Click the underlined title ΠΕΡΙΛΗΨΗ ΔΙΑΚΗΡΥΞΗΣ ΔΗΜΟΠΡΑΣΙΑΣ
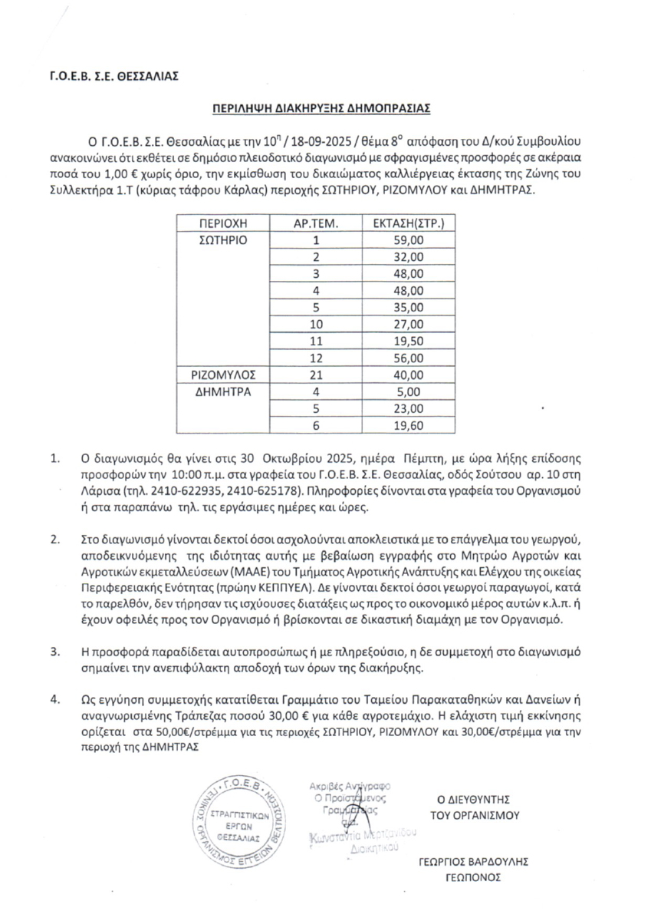click(x=322, y=111)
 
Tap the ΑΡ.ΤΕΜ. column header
click(x=316, y=223)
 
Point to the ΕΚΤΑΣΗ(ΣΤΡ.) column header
click(x=413, y=223)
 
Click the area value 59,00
click(x=413, y=240)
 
